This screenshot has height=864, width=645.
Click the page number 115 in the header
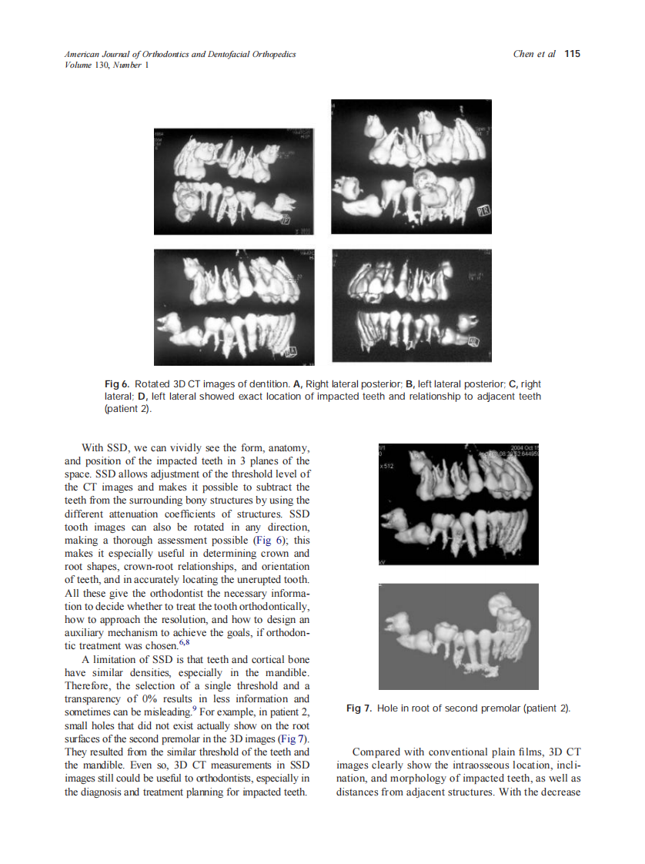point(572,54)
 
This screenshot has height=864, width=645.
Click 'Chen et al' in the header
point(533,54)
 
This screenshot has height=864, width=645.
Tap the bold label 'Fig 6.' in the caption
point(117,383)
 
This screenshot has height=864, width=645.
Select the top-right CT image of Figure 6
point(411,166)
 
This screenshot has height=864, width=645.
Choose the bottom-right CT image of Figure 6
point(411,306)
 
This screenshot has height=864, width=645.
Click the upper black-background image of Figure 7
point(459,504)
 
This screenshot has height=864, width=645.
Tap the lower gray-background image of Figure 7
point(459,636)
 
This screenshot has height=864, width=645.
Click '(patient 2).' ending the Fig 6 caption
point(129,409)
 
